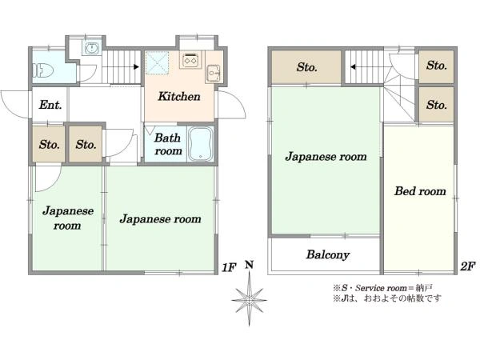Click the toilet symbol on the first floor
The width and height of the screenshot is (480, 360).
pos(43,70)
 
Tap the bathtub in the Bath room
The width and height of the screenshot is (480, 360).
pos(201,144)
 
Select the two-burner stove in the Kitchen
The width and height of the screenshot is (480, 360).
pos(190,60)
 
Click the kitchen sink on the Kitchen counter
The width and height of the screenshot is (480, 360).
pos(214,73)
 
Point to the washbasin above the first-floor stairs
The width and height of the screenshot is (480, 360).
pos(91,48)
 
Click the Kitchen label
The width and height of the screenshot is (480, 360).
pos(179,97)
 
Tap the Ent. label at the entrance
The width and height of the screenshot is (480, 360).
pos(50,105)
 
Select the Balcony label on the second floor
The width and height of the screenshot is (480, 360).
pos(328,254)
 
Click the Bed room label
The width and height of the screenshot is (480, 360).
pos(420,191)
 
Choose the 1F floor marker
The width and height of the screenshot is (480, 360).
pos(229,268)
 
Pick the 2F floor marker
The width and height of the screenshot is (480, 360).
pos(468,266)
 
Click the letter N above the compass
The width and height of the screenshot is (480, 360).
pos(250,265)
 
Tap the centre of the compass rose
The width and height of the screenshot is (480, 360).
pos(249,300)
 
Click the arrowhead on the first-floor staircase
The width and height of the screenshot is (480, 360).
pos(136,66)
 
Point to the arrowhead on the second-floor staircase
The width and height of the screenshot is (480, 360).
pos(353,66)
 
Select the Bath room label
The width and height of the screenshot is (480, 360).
pos(168,144)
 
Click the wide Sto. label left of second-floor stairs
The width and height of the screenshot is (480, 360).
pos(306,67)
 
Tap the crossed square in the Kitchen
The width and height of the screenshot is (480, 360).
pos(157,62)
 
